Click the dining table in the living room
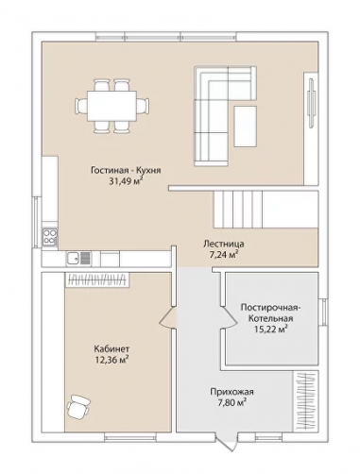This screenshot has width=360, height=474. [111, 106]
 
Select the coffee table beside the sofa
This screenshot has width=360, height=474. [245, 127]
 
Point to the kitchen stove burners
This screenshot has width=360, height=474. [50, 237]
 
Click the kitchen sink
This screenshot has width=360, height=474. [78, 259]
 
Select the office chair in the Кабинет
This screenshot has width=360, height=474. [77, 406]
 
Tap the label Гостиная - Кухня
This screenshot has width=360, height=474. [126, 170]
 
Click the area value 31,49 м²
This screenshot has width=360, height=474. [126, 181]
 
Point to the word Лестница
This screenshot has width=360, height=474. [224, 244]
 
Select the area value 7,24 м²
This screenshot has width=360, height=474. [224, 254]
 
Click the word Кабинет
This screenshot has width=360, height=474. [111, 348]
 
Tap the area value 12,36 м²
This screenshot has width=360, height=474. [112, 360]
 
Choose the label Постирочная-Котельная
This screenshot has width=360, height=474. [271, 313]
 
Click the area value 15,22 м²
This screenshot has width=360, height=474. [271, 329]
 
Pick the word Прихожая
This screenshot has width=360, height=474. [231, 392]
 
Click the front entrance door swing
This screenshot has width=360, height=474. [228, 442]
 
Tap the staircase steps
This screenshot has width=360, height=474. [238, 209]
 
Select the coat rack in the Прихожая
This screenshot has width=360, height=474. [305, 400]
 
